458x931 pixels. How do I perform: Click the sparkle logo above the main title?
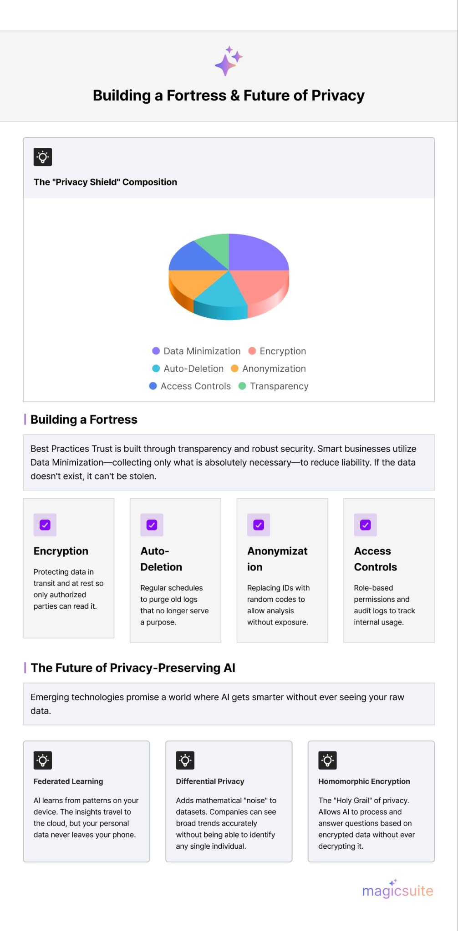tap(229, 61)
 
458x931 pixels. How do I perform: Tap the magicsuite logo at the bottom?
tap(397, 890)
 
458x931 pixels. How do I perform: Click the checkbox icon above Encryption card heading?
tap(45, 525)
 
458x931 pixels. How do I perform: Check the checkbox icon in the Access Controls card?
tap(365, 525)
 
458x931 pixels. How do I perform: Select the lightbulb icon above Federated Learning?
tap(43, 760)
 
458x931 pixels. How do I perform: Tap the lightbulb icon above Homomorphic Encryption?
tap(327, 760)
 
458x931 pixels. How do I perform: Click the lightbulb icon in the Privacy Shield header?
tap(43, 157)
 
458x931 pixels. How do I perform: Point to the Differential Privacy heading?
tap(210, 781)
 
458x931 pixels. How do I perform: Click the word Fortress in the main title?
tap(196, 95)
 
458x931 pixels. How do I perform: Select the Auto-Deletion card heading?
tap(161, 559)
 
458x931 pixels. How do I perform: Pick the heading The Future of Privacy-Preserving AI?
tap(133, 668)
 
